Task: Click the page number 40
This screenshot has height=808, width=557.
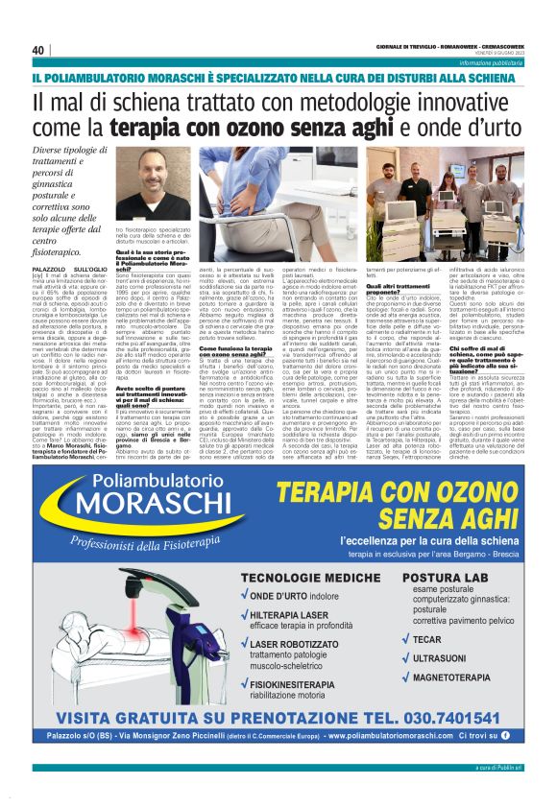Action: tap(38, 50)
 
